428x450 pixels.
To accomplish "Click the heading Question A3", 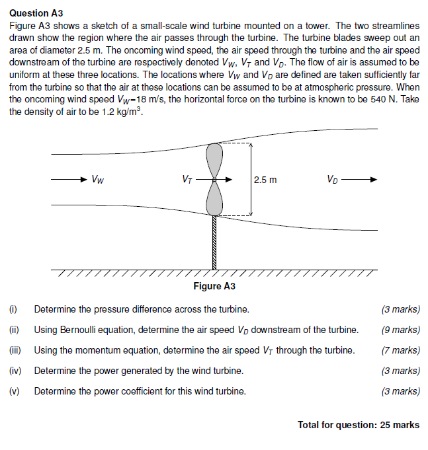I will (38, 13).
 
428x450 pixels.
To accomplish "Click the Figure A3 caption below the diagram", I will (214, 286).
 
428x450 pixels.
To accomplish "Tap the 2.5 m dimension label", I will (265, 180).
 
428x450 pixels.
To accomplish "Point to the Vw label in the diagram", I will (97, 179).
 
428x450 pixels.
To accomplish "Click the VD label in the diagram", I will (331, 179).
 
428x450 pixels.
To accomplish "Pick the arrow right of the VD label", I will (361, 179).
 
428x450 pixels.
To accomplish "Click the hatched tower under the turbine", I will (214, 243).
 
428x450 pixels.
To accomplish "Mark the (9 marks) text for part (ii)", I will (401, 330).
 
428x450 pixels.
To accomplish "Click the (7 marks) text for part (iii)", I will (401, 350).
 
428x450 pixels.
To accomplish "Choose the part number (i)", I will (13, 309).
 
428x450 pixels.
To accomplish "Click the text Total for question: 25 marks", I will (359, 425).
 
